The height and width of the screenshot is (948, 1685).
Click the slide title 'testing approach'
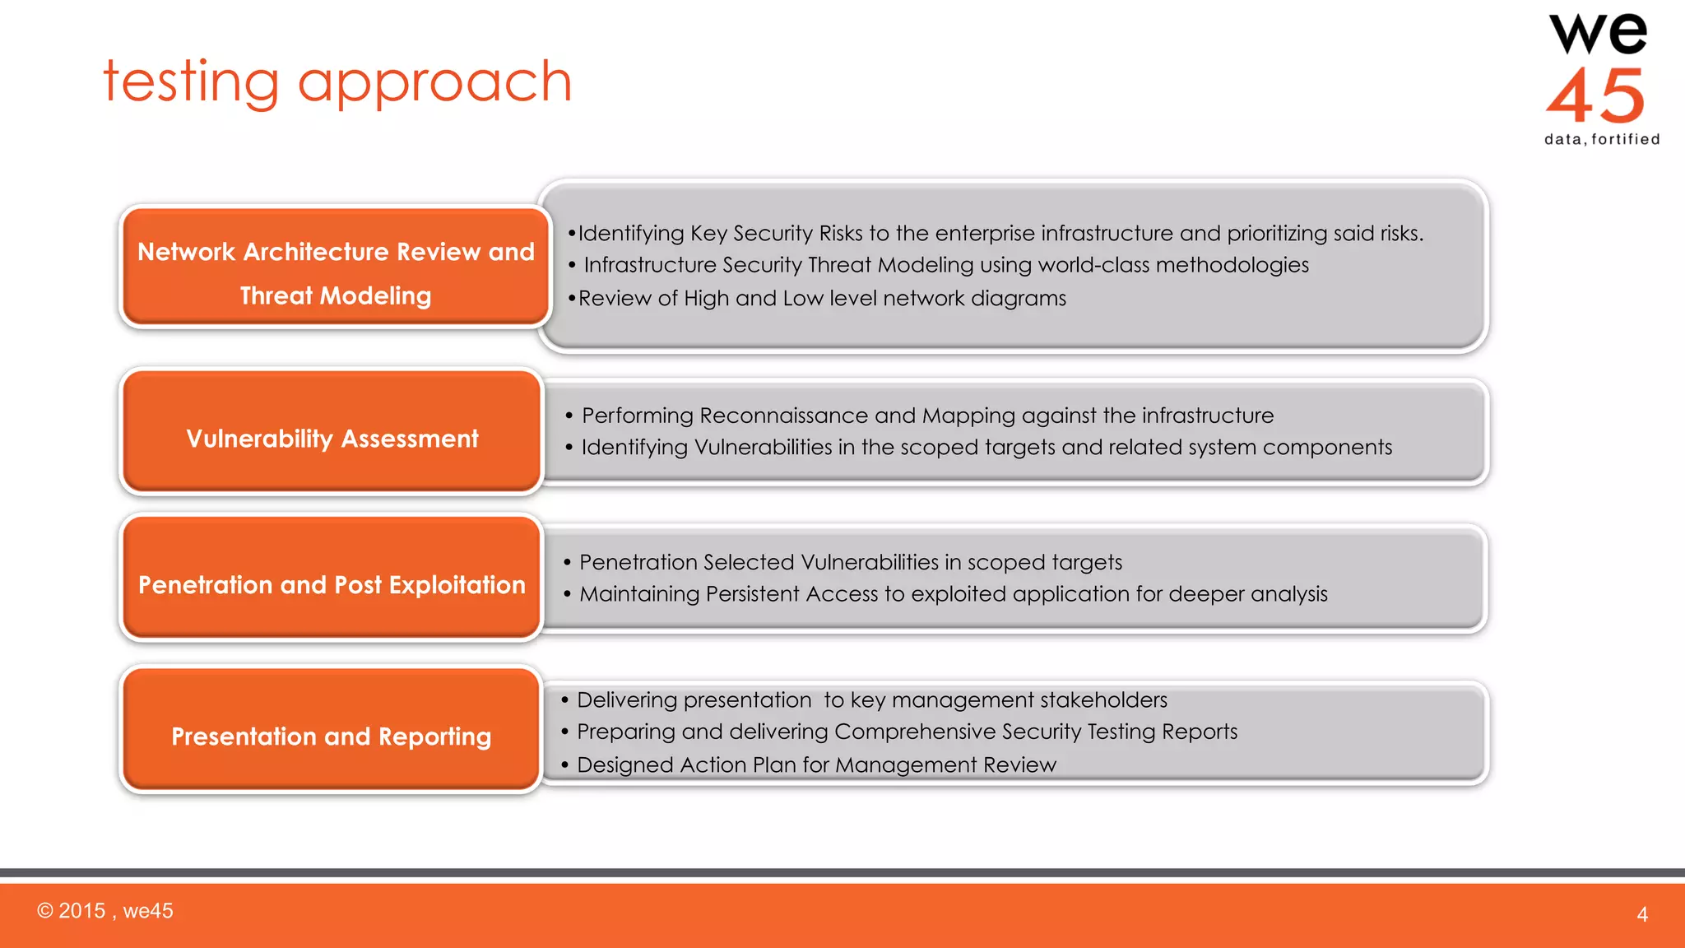point(337,82)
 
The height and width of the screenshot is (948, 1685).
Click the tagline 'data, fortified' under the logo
point(1601,139)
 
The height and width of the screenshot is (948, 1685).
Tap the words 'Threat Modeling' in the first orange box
point(336,295)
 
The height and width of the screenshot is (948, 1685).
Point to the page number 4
point(1641,914)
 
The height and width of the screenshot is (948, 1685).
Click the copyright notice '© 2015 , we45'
point(105,911)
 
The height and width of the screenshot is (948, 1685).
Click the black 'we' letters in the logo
point(1598,35)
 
